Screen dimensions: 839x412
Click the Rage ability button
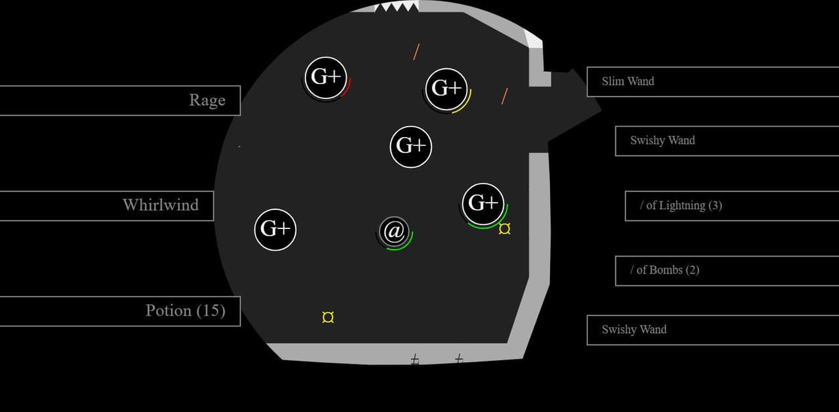120,100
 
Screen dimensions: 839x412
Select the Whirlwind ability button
107,206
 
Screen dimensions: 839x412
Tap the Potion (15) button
120,311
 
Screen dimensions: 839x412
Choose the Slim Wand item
712,82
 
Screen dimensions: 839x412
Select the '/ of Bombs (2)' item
727,271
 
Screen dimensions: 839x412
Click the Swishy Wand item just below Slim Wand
727,141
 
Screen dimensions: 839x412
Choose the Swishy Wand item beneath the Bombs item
712,330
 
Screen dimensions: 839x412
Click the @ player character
394,232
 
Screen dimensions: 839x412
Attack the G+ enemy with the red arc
326,77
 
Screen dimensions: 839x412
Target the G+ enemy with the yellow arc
446,89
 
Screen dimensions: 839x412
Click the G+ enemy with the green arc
483,204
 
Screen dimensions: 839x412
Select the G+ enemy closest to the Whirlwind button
275,230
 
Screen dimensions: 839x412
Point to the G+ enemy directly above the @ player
411,146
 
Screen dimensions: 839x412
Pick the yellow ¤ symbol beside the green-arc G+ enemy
505,229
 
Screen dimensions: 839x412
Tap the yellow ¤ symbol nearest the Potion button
328,317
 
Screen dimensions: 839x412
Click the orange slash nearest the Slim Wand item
505,96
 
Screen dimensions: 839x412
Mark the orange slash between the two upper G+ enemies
416,52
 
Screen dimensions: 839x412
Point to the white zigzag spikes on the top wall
397,7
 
